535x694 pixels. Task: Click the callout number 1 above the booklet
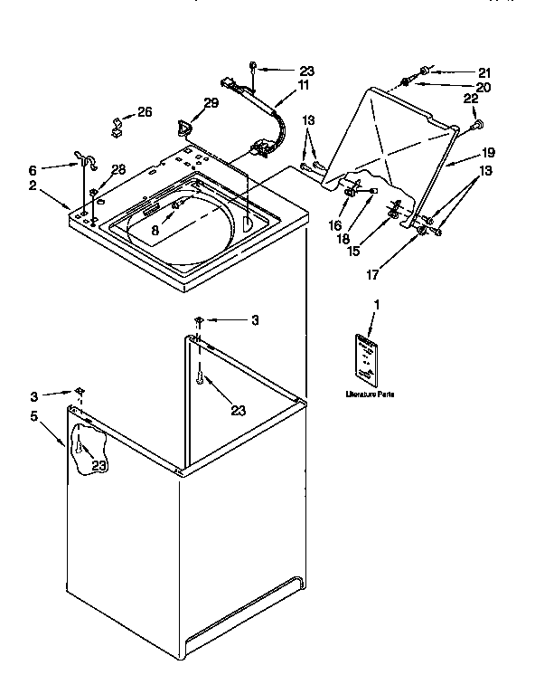(377, 306)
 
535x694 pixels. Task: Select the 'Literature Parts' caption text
(370, 395)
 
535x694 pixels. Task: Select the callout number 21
(483, 71)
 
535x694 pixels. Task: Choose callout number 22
(471, 99)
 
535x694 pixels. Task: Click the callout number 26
(145, 112)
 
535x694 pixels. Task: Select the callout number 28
(117, 169)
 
